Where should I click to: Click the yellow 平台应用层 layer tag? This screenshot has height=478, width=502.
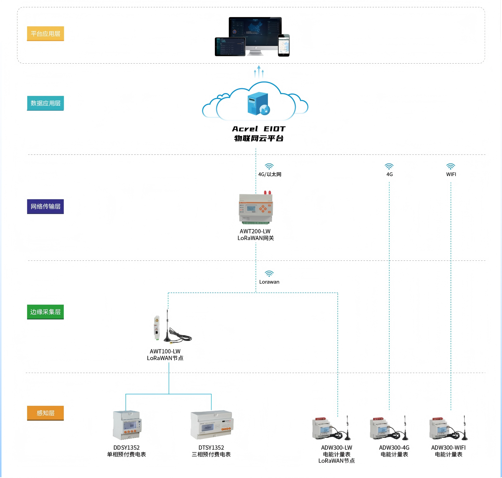click(x=45, y=34)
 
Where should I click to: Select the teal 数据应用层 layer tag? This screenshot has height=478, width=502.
click(x=45, y=103)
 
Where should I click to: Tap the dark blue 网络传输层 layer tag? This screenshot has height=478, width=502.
click(x=45, y=206)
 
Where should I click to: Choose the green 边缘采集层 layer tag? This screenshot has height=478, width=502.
click(x=45, y=312)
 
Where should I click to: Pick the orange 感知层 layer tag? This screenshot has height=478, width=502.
click(x=45, y=413)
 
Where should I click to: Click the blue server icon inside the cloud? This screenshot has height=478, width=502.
click(x=258, y=104)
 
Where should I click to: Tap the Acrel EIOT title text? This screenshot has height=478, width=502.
click(x=258, y=129)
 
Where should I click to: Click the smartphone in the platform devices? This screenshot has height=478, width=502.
click(x=284, y=45)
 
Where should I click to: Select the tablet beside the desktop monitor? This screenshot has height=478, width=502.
click(x=230, y=47)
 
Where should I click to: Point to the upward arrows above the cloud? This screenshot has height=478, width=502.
click(x=259, y=72)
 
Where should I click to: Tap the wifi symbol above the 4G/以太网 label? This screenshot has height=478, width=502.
click(x=269, y=166)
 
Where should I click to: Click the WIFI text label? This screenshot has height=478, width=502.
click(x=451, y=174)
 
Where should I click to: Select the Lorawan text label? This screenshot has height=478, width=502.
click(x=269, y=282)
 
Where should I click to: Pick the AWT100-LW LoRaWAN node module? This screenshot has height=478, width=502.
click(x=157, y=328)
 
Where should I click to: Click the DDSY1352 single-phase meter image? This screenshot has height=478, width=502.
click(x=127, y=425)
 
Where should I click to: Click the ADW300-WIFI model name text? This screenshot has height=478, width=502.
click(x=448, y=448)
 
